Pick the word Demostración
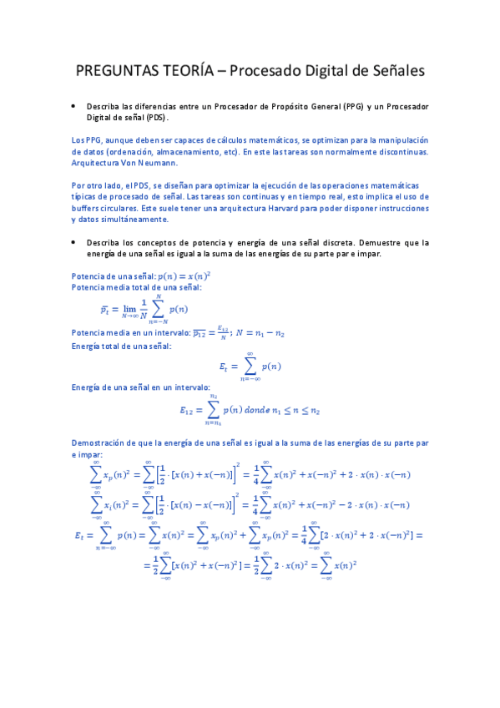coord(104,442)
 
